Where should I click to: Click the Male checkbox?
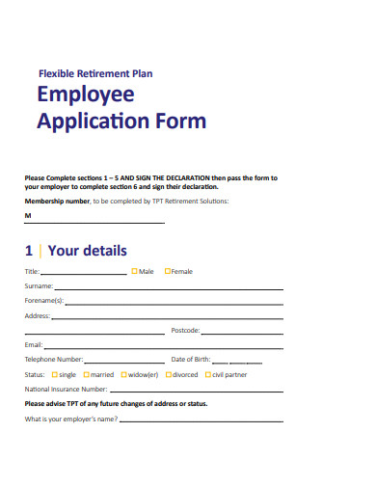(135, 272)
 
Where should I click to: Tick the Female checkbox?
(168, 272)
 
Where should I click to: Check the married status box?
(87, 373)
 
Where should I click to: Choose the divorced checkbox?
(168, 373)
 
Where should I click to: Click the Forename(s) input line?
(174, 303)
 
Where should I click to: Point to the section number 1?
(29, 251)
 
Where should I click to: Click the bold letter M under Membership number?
(27, 217)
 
